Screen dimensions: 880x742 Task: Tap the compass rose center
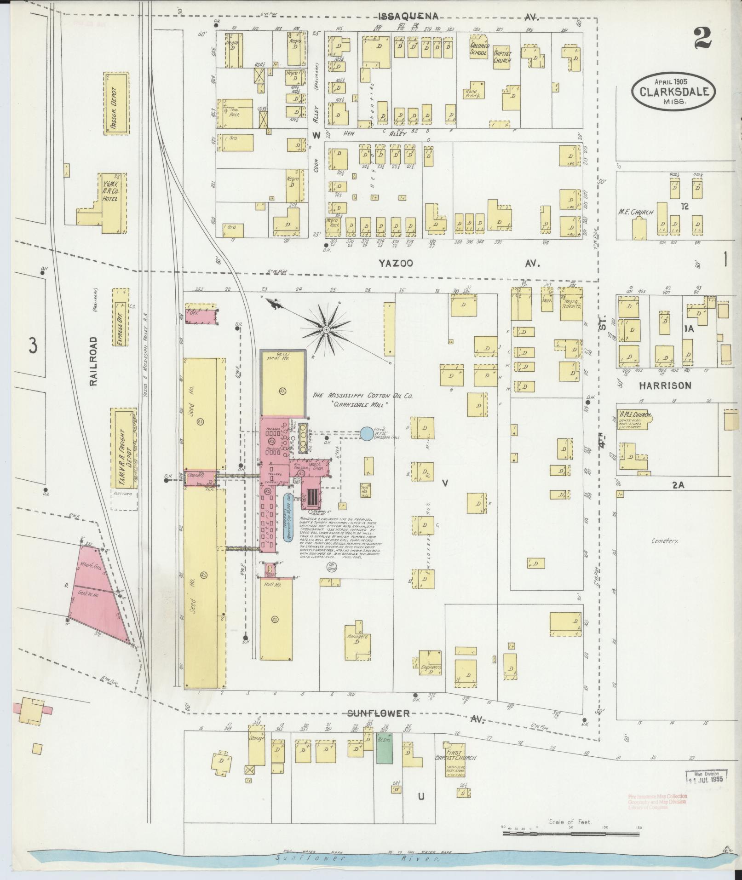(326, 329)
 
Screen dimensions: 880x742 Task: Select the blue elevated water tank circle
(367, 433)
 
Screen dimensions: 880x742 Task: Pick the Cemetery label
(664, 541)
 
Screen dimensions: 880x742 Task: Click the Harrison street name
(665, 385)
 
